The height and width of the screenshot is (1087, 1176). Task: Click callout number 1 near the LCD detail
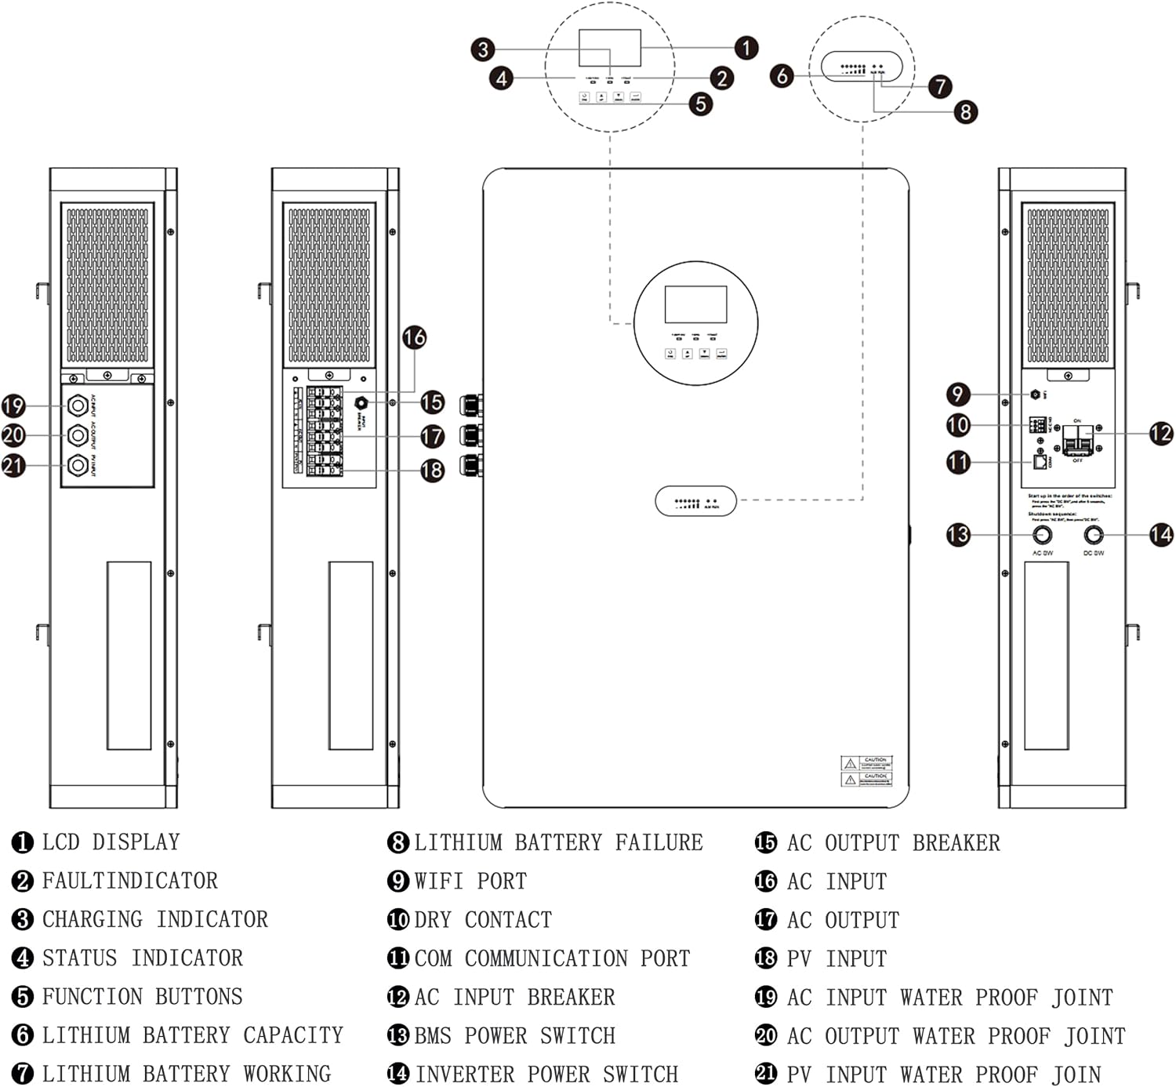click(746, 48)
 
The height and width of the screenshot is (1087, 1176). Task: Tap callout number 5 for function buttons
click(700, 104)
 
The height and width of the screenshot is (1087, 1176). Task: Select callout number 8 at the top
click(965, 112)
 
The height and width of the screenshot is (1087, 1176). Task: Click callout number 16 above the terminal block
click(414, 337)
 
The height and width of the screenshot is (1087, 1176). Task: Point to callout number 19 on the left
click(13, 405)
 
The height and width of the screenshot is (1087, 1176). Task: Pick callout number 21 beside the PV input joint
click(13, 466)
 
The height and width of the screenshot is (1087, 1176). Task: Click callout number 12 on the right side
click(1160, 433)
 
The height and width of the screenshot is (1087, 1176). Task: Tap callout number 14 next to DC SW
click(1160, 535)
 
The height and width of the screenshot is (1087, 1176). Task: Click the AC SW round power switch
click(1042, 535)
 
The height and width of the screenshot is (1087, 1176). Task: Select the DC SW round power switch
click(1093, 535)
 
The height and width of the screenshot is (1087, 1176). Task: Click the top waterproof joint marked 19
click(78, 405)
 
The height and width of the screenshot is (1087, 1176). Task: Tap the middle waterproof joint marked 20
click(78, 435)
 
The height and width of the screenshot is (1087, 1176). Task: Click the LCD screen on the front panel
click(695, 304)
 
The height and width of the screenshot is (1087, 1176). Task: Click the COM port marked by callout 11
click(1040, 462)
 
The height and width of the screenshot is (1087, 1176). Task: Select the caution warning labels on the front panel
click(866, 771)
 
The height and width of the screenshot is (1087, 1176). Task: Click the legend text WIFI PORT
click(470, 881)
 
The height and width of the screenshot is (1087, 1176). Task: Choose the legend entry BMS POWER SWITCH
click(514, 1035)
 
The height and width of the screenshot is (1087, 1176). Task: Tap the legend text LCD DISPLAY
click(111, 842)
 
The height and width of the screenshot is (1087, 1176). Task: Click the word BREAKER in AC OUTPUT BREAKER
click(956, 843)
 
